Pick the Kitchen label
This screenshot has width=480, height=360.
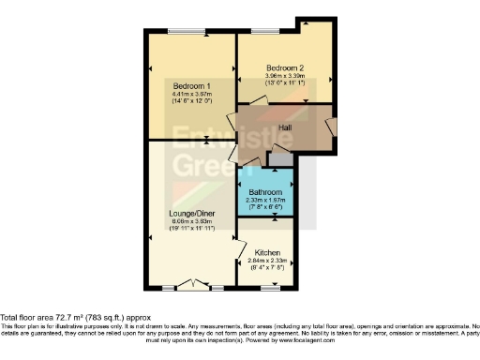click(266, 252)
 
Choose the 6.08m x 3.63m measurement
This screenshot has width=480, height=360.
click(190, 221)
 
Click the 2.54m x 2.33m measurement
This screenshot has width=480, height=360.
click(266, 260)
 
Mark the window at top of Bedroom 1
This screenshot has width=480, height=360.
click(187, 34)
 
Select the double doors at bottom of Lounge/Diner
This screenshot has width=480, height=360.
click(191, 284)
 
